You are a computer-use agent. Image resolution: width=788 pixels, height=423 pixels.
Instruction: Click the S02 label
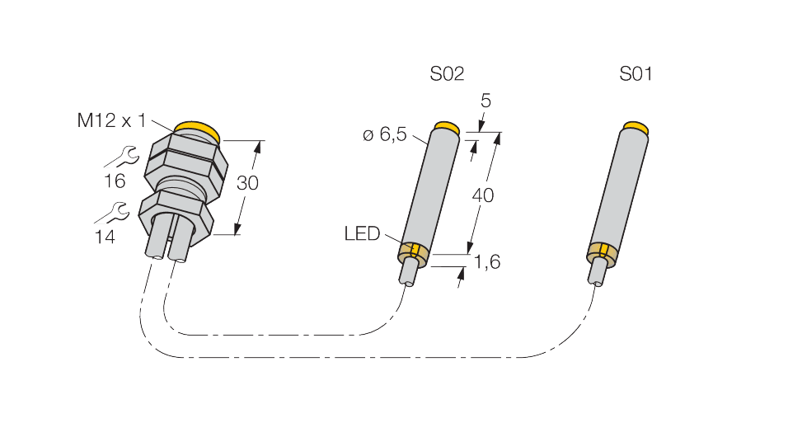[447, 74]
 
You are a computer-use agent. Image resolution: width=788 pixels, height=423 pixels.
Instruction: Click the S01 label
[636, 74]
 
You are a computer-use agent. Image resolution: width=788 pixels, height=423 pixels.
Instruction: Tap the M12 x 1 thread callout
[111, 120]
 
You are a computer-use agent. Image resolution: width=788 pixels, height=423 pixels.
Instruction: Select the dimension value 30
[247, 183]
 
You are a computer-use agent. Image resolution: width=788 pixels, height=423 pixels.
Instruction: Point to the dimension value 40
[483, 195]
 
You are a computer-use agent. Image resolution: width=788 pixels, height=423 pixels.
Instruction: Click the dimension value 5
[485, 101]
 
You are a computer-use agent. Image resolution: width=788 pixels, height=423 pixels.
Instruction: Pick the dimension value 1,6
[487, 261]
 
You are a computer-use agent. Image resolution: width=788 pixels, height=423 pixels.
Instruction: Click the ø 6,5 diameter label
[384, 134]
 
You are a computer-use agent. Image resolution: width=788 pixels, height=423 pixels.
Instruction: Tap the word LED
[362, 233]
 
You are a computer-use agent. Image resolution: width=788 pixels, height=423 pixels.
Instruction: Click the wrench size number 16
[115, 181]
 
